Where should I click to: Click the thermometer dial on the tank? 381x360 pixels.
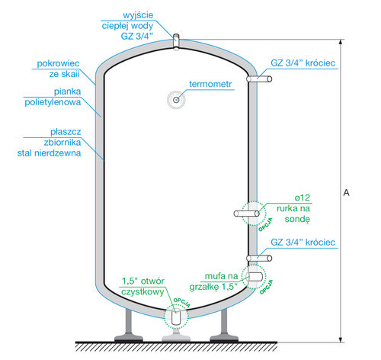(x=177, y=98)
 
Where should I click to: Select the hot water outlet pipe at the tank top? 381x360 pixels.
(x=176, y=40)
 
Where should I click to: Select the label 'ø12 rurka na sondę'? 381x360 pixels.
(x=296, y=207)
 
